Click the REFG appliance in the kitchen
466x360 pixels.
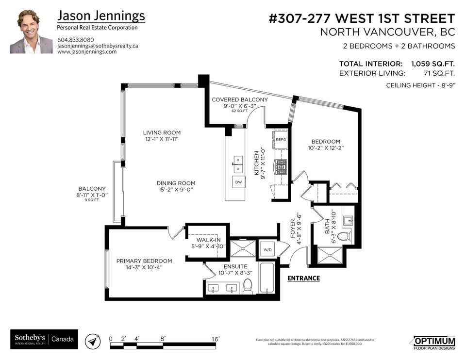(281, 140)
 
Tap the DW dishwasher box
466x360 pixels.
(238, 182)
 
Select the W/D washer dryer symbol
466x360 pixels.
(267, 250)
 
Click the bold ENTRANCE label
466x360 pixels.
(303, 278)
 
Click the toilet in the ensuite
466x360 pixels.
(248, 286)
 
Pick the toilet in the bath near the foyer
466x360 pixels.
(344, 236)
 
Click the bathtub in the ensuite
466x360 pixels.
(267, 278)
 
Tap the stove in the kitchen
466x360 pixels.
(281, 167)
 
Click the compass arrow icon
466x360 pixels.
(92, 341)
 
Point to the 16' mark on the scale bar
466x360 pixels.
(216, 338)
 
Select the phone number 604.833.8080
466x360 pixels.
(76, 40)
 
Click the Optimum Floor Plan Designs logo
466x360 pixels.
(434, 342)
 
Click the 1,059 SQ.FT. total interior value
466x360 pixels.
(433, 64)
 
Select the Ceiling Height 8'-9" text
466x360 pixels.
(420, 85)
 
